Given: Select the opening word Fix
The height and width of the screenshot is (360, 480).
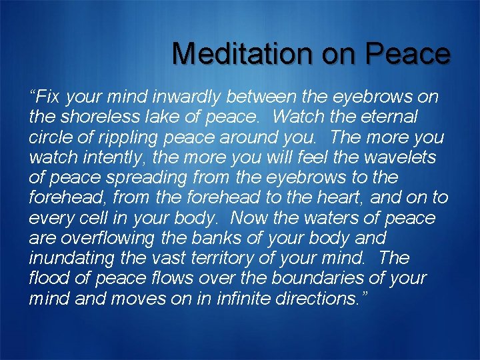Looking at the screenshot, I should [47, 97].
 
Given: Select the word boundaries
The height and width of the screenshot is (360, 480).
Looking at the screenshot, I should [314, 278].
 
